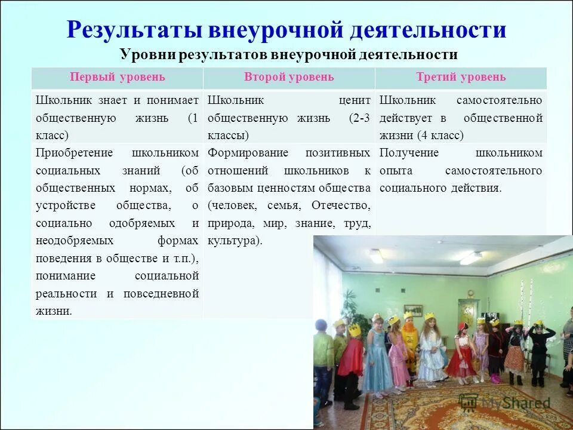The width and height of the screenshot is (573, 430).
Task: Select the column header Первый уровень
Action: pos(117,77)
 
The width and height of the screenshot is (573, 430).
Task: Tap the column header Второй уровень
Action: pos(289,77)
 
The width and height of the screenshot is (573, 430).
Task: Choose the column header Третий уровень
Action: pos(460,77)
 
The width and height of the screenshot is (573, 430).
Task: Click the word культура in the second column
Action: pos(233,241)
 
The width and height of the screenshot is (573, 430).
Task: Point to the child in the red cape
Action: pos(352,354)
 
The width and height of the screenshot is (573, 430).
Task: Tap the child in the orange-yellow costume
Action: pos(409,342)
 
